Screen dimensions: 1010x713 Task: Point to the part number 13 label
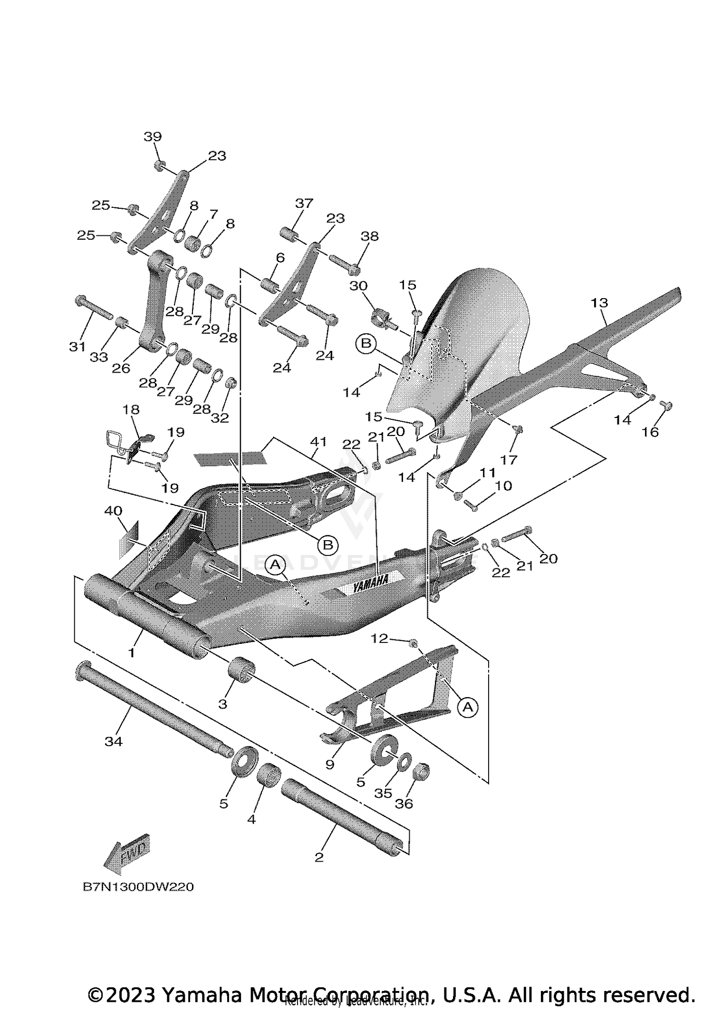point(599,302)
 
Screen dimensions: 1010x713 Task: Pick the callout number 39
point(153,137)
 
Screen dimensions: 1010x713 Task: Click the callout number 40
point(113,511)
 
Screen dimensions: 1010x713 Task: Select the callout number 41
point(318,441)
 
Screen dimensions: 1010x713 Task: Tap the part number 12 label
point(379,639)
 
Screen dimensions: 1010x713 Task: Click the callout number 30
point(358,286)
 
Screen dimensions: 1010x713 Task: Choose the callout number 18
point(131,409)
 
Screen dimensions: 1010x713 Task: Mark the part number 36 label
point(404,804)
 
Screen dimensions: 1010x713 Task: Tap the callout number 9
point(330,765)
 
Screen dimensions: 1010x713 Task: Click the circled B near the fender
point(366,343)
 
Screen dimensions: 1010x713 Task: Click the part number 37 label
point(304,204)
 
